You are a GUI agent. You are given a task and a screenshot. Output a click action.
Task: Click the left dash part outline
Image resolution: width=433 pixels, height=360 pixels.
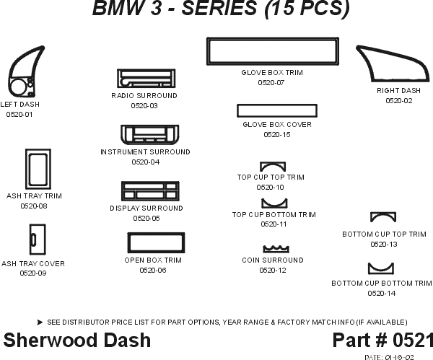click(22, 74)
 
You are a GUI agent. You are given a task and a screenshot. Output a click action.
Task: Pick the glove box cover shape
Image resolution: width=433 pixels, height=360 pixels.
click(278, 110)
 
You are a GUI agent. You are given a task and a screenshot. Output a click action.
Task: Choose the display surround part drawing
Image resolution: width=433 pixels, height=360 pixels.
click(149, 191)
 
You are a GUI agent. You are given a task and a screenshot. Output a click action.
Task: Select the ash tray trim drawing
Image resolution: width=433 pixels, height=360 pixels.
click(36, 170)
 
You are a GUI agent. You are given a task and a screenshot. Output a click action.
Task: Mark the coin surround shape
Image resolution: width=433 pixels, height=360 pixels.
click(274, 247)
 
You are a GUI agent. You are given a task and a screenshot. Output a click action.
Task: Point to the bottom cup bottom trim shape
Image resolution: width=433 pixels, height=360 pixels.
click(380, 269)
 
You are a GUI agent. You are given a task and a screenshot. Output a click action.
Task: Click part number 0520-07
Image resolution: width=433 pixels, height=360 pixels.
click(271, 83)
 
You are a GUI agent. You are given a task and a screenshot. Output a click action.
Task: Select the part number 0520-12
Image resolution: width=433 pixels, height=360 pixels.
click(272, 270)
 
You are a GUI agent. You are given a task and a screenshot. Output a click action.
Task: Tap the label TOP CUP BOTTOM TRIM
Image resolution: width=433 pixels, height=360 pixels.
click(274, 214)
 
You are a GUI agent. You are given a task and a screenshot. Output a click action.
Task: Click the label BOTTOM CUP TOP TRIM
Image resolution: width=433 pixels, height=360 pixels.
click(384, 234)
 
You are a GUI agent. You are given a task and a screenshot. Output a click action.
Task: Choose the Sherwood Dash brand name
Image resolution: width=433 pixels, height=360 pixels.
click(77, 340)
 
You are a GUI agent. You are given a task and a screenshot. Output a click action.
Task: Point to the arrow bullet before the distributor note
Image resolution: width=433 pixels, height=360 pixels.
click(39, 322)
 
